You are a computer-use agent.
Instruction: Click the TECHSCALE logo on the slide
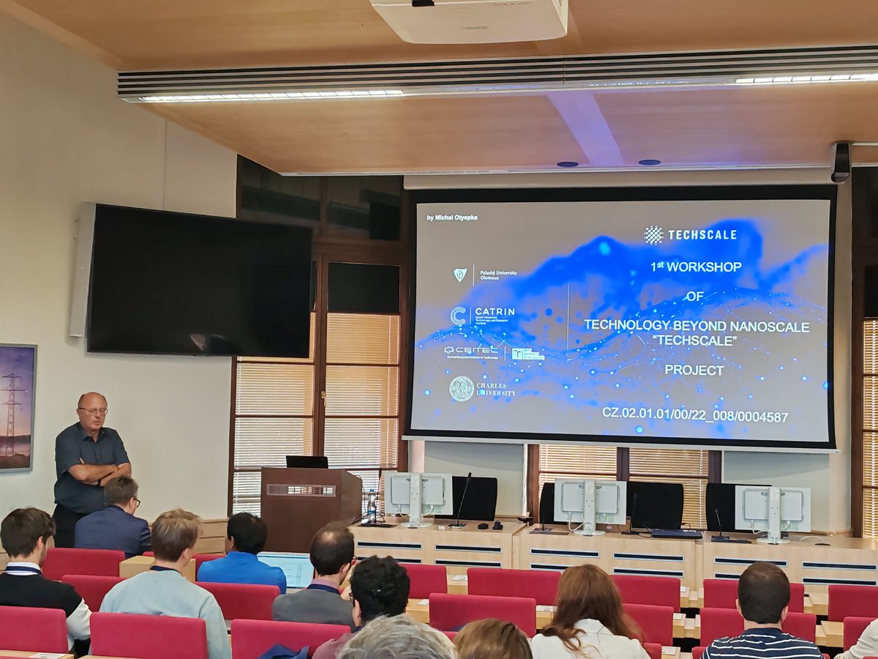[x=690, y=234]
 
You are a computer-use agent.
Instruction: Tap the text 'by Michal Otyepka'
[x=451, y=217]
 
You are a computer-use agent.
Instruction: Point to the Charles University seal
[x=462, y=388]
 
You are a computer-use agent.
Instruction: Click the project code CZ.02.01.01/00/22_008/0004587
[x=694, y=417]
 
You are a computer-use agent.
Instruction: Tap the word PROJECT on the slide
[x=694, y=371]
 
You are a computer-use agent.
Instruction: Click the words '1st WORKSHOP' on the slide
[x=696, y=267]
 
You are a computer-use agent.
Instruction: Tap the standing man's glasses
[x=94, y=411]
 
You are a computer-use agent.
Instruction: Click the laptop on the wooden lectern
[x=307, y=462]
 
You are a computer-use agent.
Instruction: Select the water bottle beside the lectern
[x=372, y=505]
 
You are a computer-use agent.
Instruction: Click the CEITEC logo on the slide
[x=471, y=351]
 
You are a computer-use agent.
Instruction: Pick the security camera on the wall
[x=841, y=161]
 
